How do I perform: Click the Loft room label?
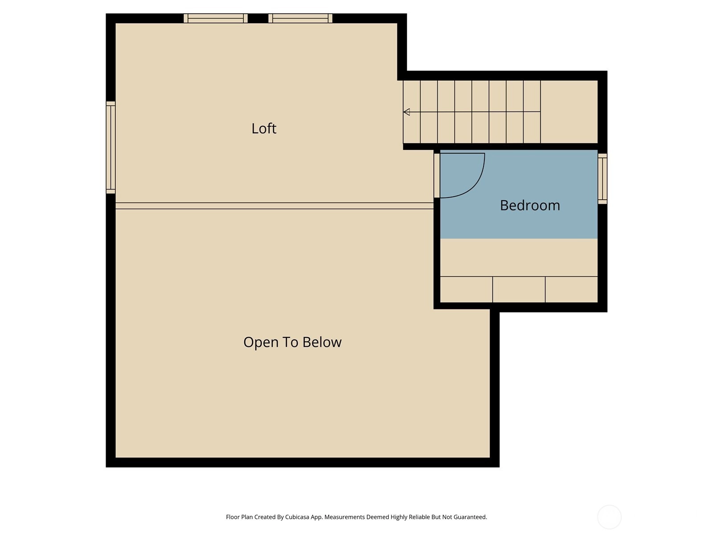pos(263,128)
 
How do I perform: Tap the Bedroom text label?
pos(529,205)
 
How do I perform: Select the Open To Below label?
pos(292,342)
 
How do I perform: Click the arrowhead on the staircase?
pos(406,112)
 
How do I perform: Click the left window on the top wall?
pos(215,18)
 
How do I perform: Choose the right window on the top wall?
pos(300,18)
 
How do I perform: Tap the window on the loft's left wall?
pos(111,148)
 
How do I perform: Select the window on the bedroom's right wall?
pos(602,179)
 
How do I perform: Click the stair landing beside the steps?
pos(569,112)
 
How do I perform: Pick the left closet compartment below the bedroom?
pos(466,289)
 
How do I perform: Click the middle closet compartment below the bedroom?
pos(519,289)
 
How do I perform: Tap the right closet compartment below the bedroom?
pos(571,289)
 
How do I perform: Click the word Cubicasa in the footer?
pos(297,517)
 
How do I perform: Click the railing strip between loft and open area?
pos(275,206)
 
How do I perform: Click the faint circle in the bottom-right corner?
pos(609,517)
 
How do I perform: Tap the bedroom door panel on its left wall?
pos(437,175)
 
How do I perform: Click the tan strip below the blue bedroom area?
pos(519,258)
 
